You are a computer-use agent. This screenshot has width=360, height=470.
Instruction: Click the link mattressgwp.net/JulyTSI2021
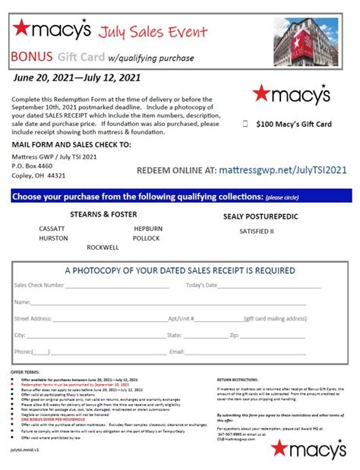pyautogui.click(x=273, y=172)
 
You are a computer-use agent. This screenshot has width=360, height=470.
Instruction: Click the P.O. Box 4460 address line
pyautogui.click(x=33, y=165)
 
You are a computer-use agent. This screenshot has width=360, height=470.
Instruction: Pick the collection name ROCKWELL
pyautogui.click(x=102, y=247)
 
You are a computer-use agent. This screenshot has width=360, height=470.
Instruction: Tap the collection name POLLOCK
pyautogui.click(x=147, y=237)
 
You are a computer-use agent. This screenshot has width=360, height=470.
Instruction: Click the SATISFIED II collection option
pyautogui.click(x=256, y=230)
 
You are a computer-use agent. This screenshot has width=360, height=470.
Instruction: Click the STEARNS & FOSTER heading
pyautogui.click(x=103, y=214)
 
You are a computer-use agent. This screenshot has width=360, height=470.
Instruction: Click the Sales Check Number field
pyautogui.click(x=122, y=286)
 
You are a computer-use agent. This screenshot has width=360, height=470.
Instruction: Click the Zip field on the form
pyautogui.click(x=273, y=335)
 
